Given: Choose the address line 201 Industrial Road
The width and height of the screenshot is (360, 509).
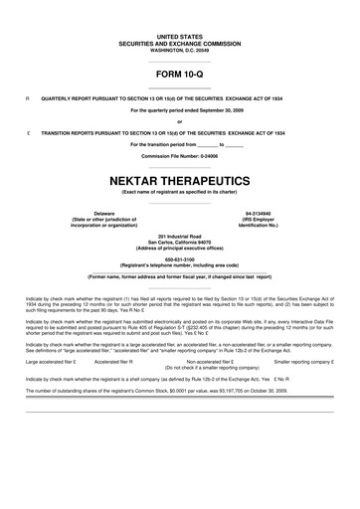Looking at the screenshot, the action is click(x=180, y=235).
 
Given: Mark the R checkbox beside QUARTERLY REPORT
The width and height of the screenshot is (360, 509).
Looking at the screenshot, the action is click(x=28, y=98).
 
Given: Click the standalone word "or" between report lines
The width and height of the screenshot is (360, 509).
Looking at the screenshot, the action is click(x=179, y=121).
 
